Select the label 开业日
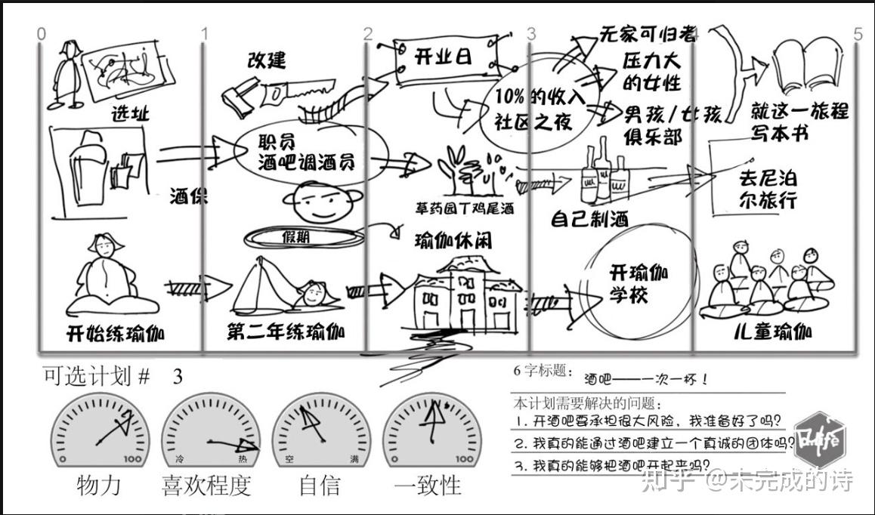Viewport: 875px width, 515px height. point(444,57)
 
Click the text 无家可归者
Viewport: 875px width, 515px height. point(647,33)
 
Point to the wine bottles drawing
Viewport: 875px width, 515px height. point(604,175)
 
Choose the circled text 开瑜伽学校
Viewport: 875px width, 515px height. point(638,282)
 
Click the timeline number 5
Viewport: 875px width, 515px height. point(857,34)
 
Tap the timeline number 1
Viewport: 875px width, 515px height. point(204,33)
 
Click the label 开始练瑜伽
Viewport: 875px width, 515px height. point(116,332)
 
